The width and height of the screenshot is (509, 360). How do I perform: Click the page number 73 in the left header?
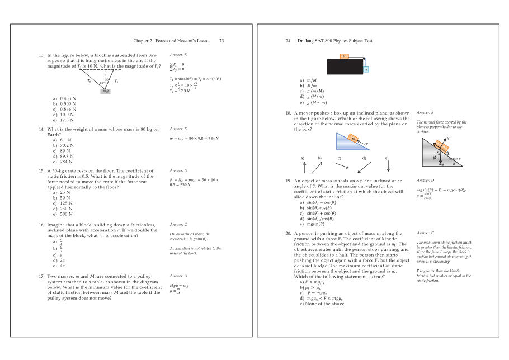pos(221,41)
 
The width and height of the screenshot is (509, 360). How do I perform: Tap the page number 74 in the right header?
pos(288,41)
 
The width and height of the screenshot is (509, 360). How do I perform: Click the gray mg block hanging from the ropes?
pos(106,91)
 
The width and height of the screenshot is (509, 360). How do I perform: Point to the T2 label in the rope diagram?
pos(89,81)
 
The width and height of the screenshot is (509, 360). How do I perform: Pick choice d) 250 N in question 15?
pos(63,209)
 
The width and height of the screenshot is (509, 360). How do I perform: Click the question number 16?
pos(41,224)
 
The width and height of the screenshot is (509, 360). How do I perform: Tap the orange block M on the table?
pos(345,56)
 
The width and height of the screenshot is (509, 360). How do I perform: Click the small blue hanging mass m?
pos(366,70)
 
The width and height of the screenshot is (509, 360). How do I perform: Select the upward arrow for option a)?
pos(305,165)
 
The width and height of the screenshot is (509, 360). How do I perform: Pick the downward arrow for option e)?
pos(388,165)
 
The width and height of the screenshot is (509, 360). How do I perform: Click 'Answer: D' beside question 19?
pos(426,181)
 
